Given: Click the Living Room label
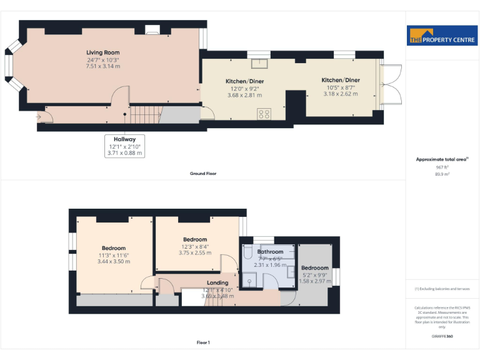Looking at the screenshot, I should tap(103, 52).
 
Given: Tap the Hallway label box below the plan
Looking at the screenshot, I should tap(124, 146).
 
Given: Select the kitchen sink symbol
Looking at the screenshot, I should tap(259, 63).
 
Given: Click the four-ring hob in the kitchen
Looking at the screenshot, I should tap(264, 114).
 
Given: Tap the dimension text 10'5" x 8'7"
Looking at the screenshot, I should tap(341, 87).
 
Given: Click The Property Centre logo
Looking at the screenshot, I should tap(441, 36).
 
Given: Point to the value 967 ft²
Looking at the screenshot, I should tap(442, 167).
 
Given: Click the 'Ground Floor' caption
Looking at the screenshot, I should tap(203, 173).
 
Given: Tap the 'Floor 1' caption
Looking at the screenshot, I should tap(203, 342).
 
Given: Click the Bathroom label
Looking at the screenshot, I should tap(270, 252).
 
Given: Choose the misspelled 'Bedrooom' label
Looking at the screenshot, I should tap(315, 267).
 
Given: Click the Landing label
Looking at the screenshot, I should tap(217, 282).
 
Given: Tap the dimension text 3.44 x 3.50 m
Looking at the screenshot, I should tap(114, 261).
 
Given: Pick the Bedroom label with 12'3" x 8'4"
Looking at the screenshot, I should tap(195, 239).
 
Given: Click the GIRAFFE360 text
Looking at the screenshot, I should tap(442, 337).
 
